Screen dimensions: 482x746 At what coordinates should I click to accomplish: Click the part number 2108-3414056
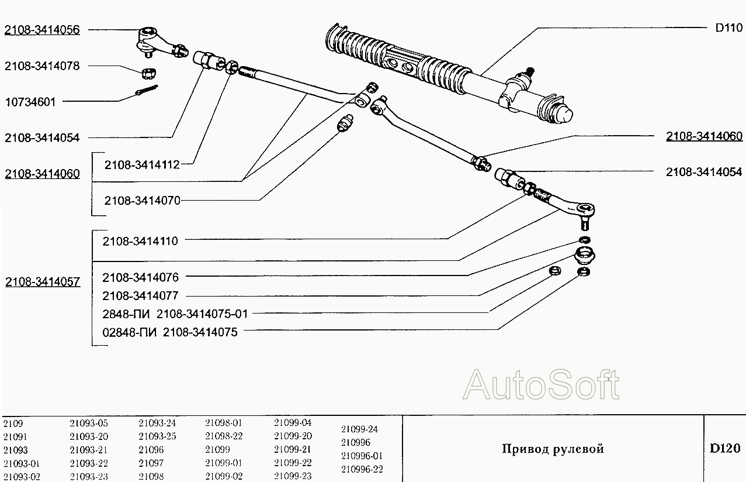(x=42, y=30)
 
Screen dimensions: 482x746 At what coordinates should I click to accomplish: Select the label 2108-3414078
(x=42, y=66)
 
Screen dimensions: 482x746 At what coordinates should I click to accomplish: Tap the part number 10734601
(x=30, y=102)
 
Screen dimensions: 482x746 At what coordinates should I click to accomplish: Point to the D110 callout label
(x=728, y=27)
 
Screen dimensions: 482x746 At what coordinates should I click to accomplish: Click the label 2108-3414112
(x=142, y=165)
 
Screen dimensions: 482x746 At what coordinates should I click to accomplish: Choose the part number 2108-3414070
(x=142, y=200)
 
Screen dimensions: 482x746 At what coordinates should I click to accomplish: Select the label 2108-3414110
(x=140, y=240)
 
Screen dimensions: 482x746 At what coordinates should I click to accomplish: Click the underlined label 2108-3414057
(x=42, y=282)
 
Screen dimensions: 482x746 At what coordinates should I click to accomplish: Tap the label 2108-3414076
(x=140, y=277)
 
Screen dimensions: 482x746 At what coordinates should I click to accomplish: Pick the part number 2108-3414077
(x=140, y=296)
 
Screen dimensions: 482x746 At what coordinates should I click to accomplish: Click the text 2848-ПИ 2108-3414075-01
(x=175, y=314)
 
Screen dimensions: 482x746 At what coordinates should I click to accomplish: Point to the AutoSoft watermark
(x=541, y=384)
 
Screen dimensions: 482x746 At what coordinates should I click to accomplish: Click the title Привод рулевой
(x=553, y=449)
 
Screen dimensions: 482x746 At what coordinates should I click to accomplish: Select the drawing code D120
(x=725, y=449)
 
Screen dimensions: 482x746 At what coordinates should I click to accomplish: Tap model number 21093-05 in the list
(x=89, y=423)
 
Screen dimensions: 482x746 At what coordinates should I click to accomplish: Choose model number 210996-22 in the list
(x=362, y=469)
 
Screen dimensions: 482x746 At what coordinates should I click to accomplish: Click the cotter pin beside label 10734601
(x=148, y=91)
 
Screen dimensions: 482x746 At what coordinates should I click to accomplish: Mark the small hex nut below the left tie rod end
(x=148, y=72)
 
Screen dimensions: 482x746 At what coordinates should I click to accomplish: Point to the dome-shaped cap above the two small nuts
(x=584, y=255)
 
